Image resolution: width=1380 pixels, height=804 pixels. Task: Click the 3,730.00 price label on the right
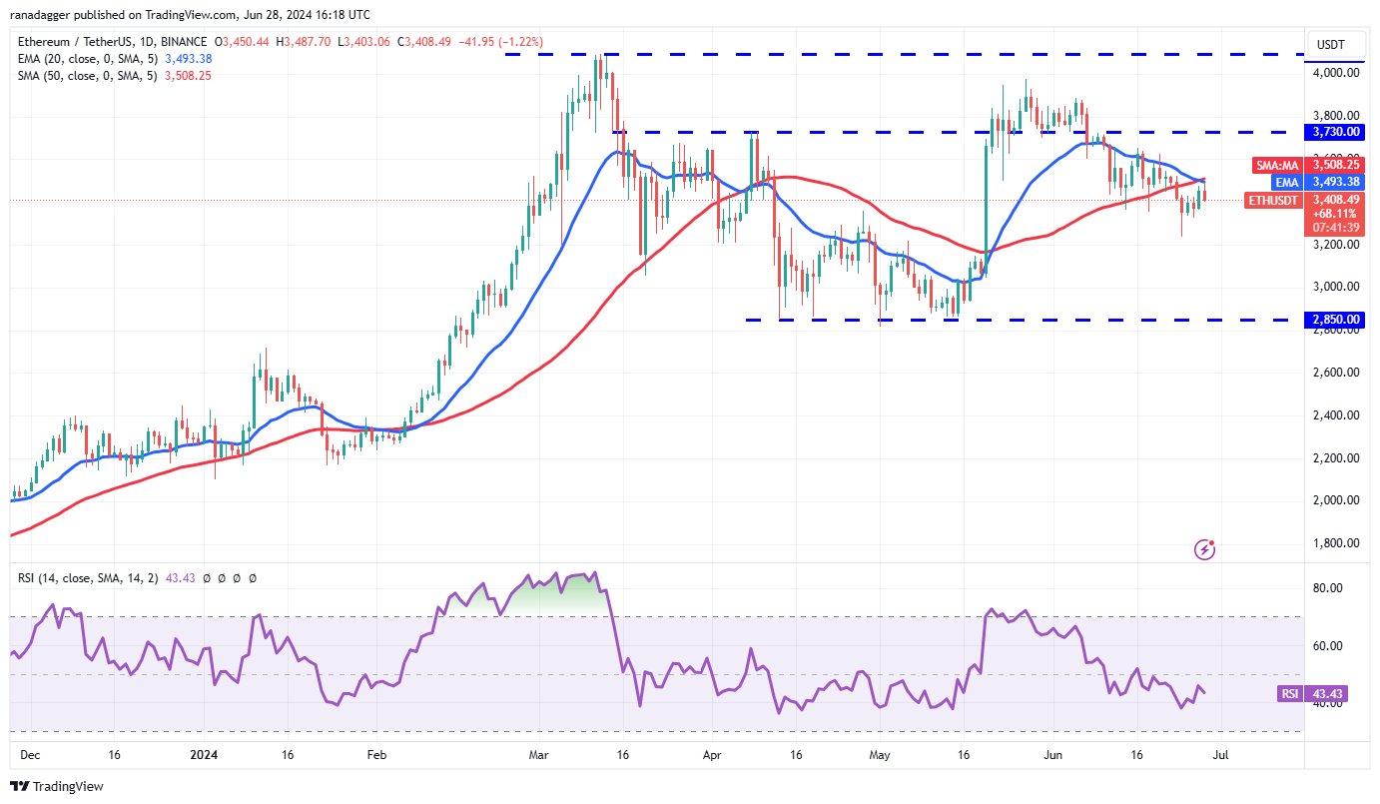[1336, 132]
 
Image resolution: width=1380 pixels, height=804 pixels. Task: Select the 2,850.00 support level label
[1336, 320]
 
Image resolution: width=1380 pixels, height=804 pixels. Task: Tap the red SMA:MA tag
[1277, 165]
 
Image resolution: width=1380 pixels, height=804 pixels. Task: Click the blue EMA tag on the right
[1285, 182]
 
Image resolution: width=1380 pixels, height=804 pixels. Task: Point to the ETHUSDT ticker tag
[1274, 200]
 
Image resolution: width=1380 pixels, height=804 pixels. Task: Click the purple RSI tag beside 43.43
[1289, 694]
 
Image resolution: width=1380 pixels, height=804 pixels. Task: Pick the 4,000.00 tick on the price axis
[1336, 73]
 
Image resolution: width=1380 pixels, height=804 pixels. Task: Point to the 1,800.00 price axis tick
[1336, 543]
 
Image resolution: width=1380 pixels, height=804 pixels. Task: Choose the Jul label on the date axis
[1221, 756]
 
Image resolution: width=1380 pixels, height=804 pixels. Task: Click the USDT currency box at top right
[1332, 44]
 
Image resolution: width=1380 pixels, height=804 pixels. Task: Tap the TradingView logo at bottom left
[58, 786]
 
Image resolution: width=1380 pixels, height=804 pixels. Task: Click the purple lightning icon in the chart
[1205, 548]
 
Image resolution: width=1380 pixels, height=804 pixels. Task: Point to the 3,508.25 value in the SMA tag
[1336, 165]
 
